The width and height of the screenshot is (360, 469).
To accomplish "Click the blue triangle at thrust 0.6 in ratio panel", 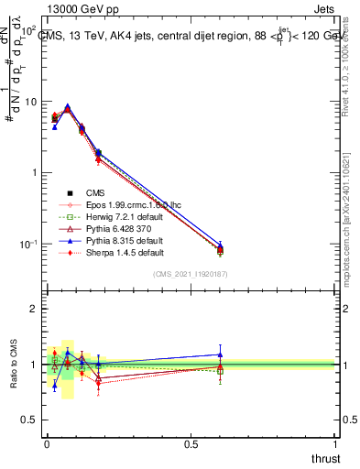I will [x=220, y=354].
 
